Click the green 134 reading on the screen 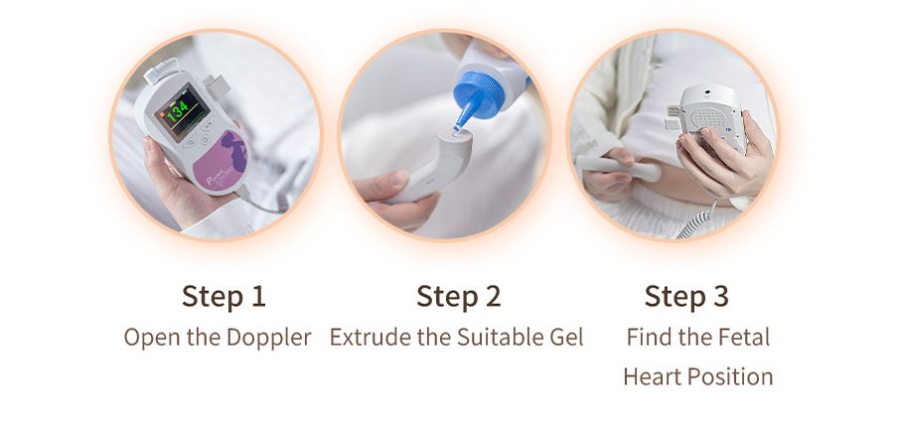[177, 108]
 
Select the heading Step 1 [224, 296]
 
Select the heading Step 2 [459, 296]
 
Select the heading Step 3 [686, 296]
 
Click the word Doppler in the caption [269, 338]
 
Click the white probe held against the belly [619, 166]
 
